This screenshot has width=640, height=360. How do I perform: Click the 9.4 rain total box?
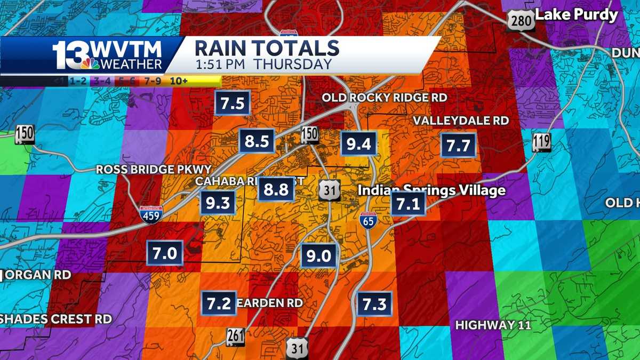359,143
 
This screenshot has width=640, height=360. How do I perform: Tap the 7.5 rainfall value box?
233,102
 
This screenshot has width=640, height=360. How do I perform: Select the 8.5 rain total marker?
257,141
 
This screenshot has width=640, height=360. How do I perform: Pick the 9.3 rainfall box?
218,203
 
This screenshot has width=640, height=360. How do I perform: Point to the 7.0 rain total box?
165,253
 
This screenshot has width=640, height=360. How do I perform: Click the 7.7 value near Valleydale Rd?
458,145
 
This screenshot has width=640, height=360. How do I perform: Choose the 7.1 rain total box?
408,203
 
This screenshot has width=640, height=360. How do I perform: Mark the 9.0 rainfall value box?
318,256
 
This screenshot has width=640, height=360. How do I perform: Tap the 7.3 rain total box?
374,303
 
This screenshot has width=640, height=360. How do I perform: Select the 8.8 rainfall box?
276,189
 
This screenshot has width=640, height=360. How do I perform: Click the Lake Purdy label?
577,15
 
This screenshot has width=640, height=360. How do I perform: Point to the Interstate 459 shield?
149,214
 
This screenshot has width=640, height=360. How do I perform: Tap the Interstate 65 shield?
369,219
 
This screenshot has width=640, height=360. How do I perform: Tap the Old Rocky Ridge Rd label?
384,98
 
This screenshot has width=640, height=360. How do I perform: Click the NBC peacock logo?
90,63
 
